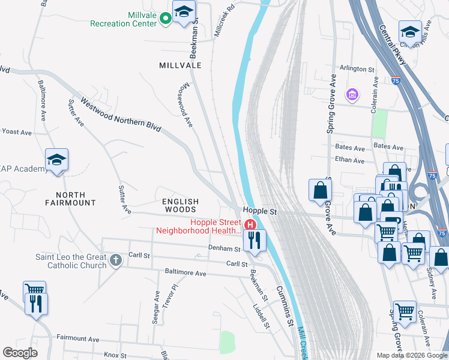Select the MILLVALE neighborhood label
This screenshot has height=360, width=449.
click(180, 64)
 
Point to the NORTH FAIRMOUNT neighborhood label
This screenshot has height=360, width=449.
click(76, 199)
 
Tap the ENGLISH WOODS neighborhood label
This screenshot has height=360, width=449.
click(180, 205)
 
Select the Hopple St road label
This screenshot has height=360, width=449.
click(259, 212)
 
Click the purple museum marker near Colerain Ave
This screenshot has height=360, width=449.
click(351, 95)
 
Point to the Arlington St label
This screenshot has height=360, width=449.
click(357, 69)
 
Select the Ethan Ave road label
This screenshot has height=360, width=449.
click(350, 160)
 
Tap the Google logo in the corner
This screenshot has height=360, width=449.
click(20, 352)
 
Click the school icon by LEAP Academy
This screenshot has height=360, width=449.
click(57, 160)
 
